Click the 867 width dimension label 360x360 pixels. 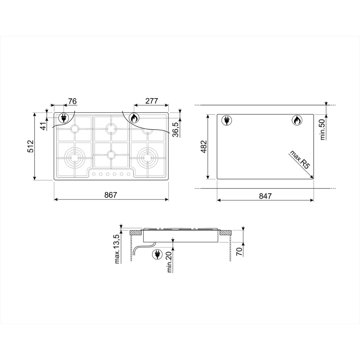click(x=111, y=195)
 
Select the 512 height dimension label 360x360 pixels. click(x=30, y=146)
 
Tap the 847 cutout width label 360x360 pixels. click(x=265, y=196)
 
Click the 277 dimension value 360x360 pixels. click(x=152, y=101)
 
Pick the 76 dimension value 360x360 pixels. click(x=72, y=101)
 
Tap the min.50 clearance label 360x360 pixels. click(x=323, y=129)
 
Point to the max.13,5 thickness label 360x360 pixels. click(x=117, y=249)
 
